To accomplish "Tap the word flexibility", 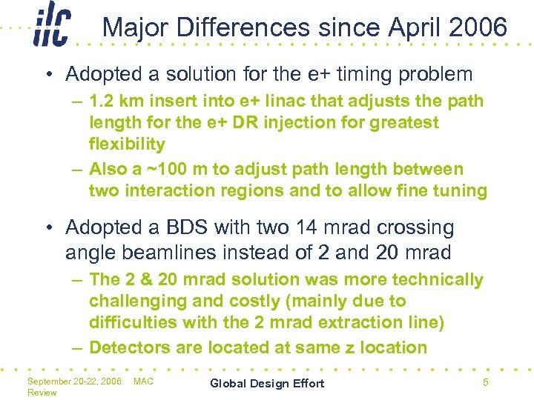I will click(x=127, y=144).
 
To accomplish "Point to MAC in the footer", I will click(x=143, y=381).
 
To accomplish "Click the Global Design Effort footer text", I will click(x=267, y=383).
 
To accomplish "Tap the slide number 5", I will click(x=485, y=382).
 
